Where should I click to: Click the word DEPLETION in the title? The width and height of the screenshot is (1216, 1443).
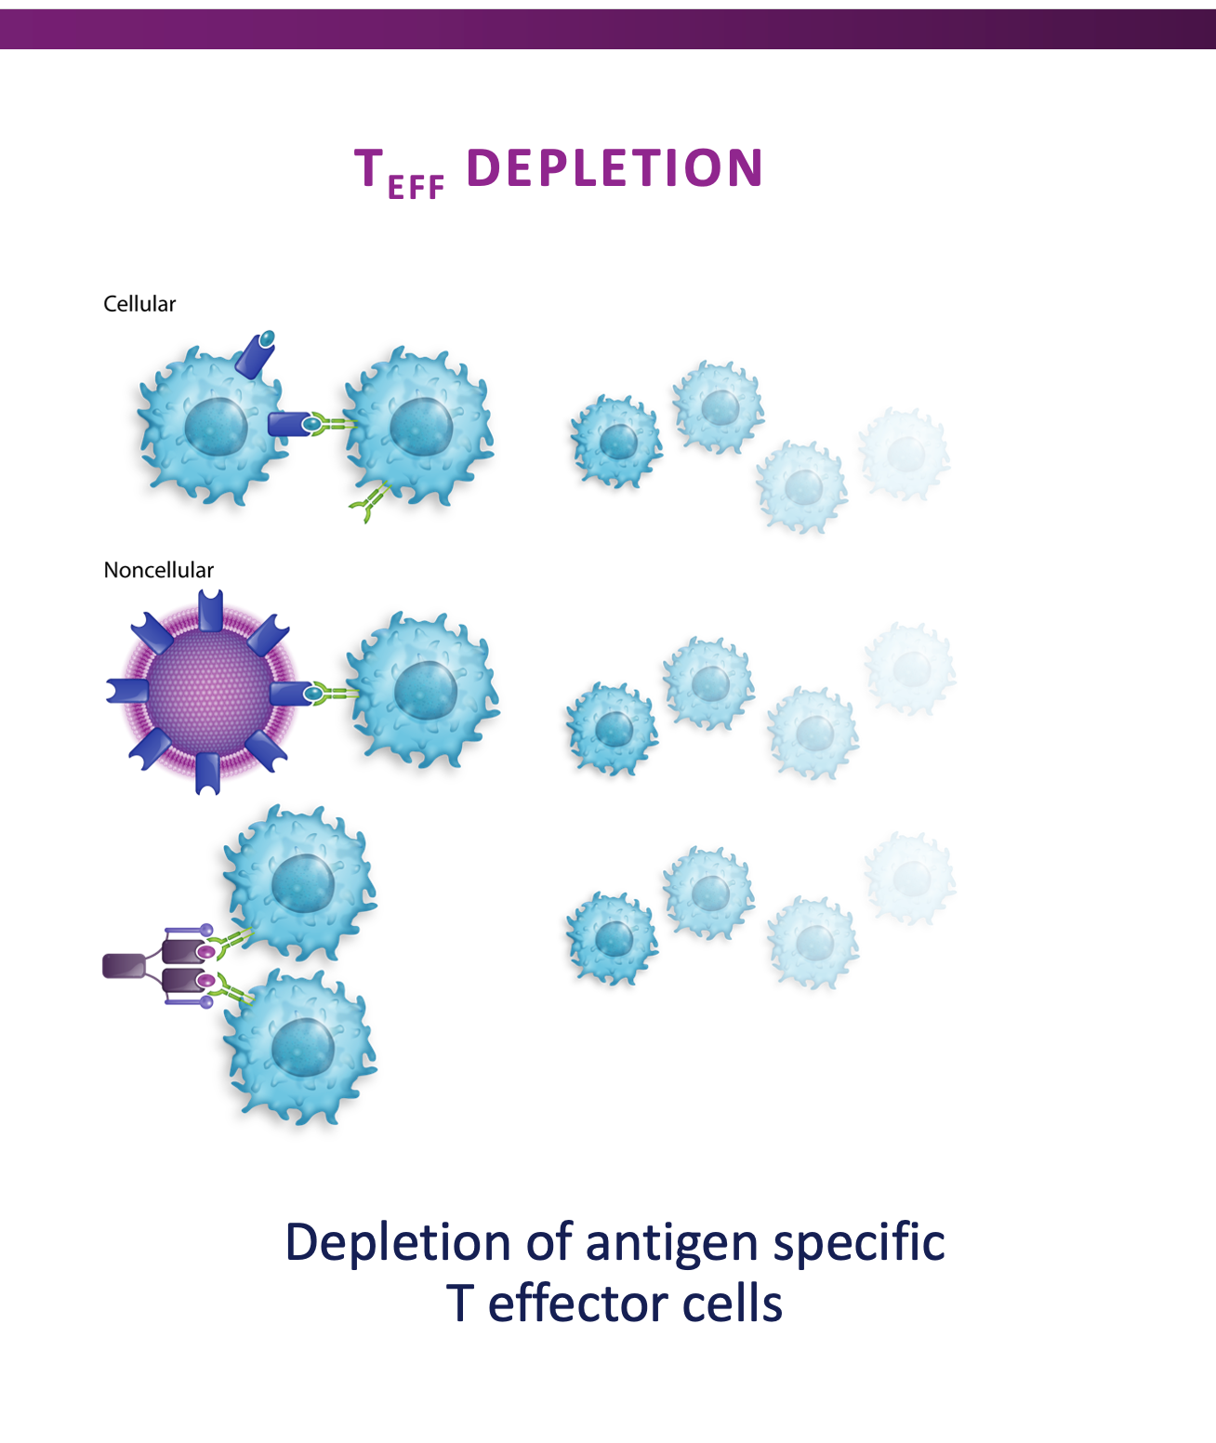[614, 168]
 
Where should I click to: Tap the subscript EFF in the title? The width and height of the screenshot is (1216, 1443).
[416, 187]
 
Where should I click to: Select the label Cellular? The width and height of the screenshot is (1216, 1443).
[139, 304]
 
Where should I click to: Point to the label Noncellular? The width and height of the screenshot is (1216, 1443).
[158, 570]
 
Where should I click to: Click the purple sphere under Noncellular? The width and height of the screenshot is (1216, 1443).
[208, 692]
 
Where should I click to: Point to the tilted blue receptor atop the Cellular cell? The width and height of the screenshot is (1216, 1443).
[256, 353]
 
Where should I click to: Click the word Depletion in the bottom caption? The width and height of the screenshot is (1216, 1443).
[397, 1244]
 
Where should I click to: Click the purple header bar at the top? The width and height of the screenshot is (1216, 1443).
[608, 29]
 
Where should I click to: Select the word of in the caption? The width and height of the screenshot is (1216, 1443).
[548, 1244]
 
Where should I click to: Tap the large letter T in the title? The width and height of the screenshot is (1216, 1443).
[369, 169]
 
